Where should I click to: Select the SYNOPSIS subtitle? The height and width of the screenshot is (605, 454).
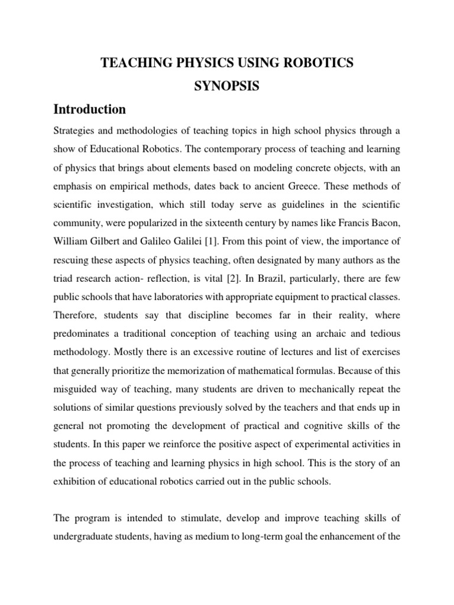[x=226, y=86]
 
